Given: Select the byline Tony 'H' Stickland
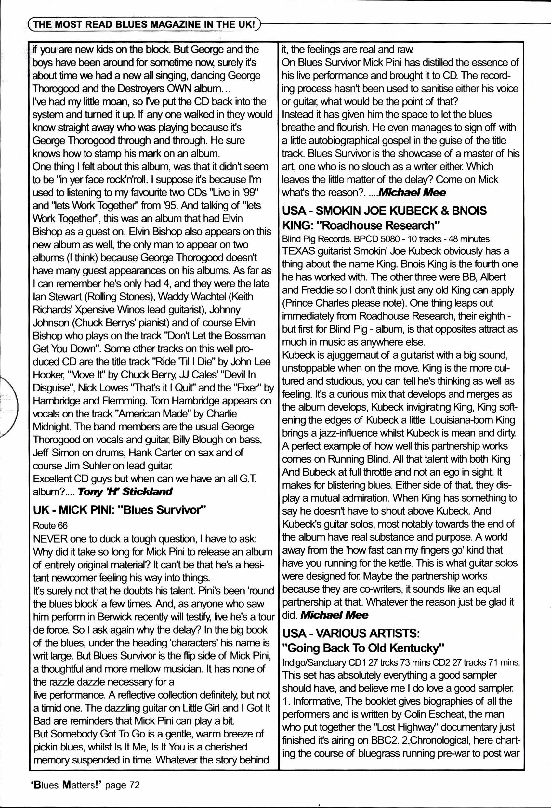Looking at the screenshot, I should pyautogui.click(x=125, y=492).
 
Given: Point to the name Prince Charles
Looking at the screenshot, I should pyautogui.click(x=317, y=303).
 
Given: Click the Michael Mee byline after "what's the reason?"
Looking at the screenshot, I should pyautogui.click(x=412, y=192).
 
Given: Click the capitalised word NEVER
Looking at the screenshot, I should pyautogui.click(x=50, y=539).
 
